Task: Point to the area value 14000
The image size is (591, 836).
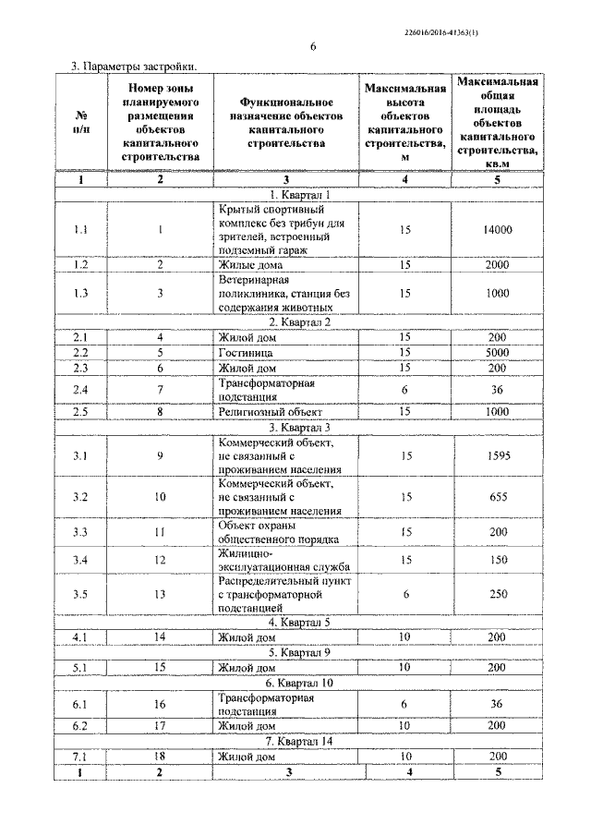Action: (498, 230)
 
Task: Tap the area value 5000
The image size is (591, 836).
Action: (498, 353)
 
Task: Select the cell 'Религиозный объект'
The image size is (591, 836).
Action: (269, 410)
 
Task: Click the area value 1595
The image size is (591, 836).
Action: (498, 455)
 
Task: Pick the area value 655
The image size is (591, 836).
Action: (498, 497)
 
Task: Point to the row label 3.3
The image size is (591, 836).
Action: (80, 532)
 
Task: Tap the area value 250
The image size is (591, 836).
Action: (498, 595)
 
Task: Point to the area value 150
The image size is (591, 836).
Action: (498, 560)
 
